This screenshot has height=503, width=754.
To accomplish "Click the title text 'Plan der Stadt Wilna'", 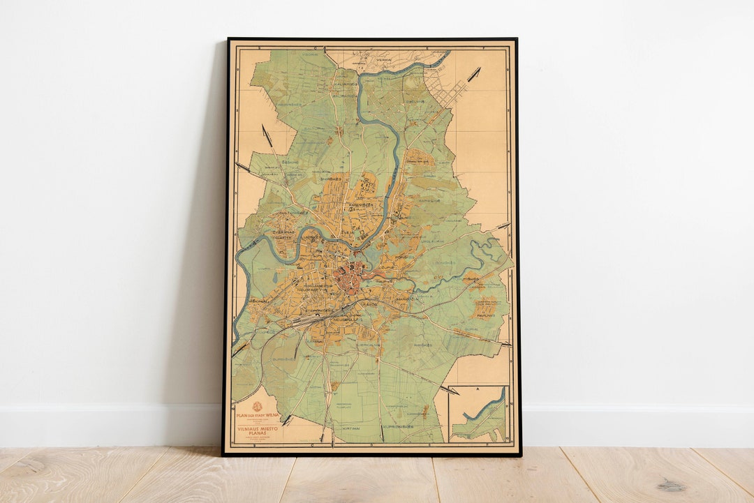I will click(257, 416).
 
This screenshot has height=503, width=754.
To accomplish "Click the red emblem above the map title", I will click(257, 407).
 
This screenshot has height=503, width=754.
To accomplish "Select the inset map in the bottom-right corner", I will click(478, 414).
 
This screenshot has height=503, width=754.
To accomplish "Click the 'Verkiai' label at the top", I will click(404, 60).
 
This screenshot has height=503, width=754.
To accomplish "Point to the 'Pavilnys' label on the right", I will click(486, 315).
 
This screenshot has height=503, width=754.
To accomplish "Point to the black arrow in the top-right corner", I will click(474, 73).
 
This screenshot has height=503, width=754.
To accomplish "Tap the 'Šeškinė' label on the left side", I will click(289, 161).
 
